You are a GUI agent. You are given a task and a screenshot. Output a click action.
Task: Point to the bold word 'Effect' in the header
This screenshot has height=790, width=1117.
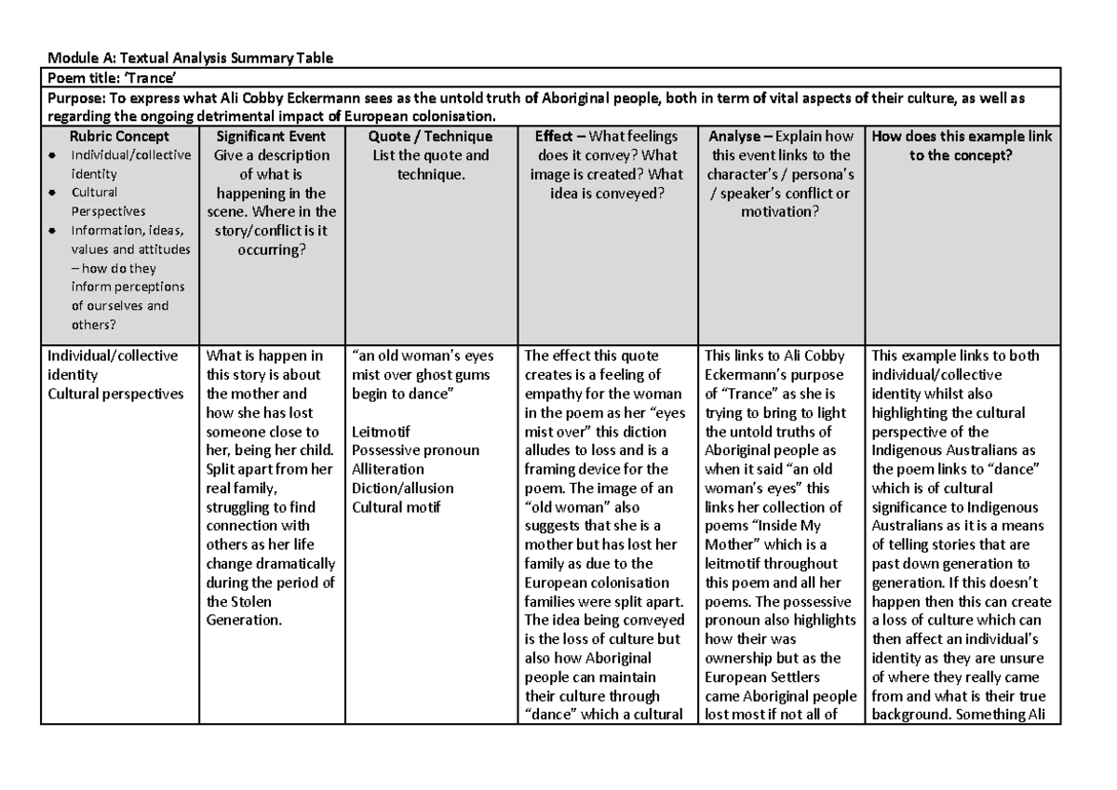point(554,136)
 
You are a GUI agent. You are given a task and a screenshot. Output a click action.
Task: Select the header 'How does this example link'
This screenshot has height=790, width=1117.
point(962,136)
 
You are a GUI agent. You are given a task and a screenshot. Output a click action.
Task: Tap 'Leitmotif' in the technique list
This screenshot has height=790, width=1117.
point(382,431)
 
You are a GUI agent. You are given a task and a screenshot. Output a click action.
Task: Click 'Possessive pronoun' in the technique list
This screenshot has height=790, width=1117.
point(415,450)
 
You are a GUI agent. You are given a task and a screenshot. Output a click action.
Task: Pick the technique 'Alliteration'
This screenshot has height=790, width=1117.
point(387,469)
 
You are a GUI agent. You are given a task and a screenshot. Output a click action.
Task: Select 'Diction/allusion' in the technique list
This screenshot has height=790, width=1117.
point(402,488)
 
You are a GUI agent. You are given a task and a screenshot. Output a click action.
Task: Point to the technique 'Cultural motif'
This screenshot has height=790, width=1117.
point(397,506)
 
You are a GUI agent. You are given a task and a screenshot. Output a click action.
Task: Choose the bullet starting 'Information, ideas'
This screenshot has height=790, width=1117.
point(128,230)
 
